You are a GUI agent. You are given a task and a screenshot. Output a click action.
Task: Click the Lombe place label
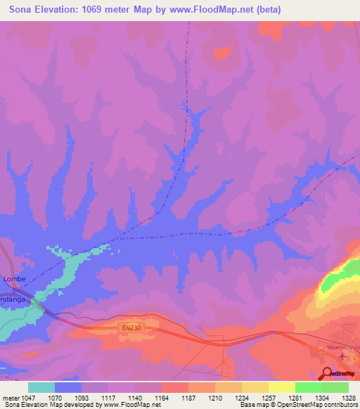[15, 279]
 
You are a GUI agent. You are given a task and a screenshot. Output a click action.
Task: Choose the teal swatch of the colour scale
[41, 387]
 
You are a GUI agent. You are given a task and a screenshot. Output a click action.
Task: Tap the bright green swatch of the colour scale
[308, 387]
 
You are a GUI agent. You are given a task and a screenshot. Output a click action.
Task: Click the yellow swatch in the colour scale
[281, 387]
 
